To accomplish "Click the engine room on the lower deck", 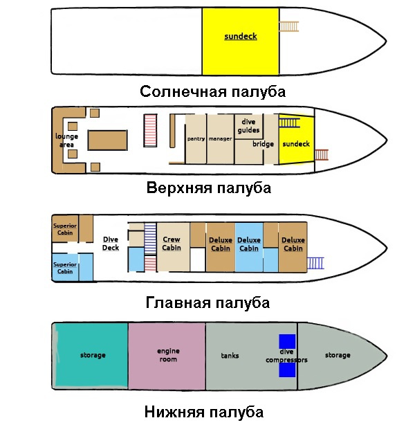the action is (x=167, y=356).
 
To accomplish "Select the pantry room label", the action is (x=196, y=138).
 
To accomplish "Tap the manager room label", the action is (x=220, y=138).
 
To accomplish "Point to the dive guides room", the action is (x=248, y=127).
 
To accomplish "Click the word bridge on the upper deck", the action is (x=263, y=144).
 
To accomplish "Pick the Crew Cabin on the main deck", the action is (x=174, y=247).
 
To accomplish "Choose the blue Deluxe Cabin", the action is (x=249, y=247).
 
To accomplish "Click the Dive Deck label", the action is (x=111, y=244).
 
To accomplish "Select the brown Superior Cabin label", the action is (x=65, y=229).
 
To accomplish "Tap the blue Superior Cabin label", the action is (x=65, y=268).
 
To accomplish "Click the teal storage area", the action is (x=91, y=356).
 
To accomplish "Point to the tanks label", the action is (x=230, y=356).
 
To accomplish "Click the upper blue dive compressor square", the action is (x=287, y=341).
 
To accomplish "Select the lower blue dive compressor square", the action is (x=287, y=370).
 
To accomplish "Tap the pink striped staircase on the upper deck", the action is (x=150, y=130).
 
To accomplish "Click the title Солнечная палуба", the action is (x=212, y=91).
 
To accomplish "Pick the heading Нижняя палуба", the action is (x=204, y=412).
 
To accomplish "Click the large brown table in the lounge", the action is (x=108, y=140).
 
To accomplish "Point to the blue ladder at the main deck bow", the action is (x=315, y=263).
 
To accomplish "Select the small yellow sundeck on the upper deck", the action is (x=296, y=139).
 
